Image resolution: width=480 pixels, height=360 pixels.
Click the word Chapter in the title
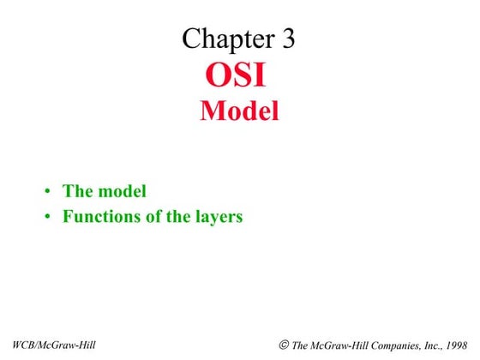228,38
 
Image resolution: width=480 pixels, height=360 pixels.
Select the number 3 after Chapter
286,38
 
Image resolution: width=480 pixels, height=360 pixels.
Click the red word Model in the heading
239,111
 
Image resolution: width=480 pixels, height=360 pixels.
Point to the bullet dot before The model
50,192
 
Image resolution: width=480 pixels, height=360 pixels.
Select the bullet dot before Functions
50,217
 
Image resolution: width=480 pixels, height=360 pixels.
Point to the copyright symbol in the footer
284,345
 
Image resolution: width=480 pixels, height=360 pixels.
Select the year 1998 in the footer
455,345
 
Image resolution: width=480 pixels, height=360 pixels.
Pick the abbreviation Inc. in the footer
424,345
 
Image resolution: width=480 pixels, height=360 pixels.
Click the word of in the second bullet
155,216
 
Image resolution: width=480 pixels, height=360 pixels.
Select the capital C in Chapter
190,38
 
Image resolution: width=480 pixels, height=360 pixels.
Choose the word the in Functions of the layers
179,216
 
